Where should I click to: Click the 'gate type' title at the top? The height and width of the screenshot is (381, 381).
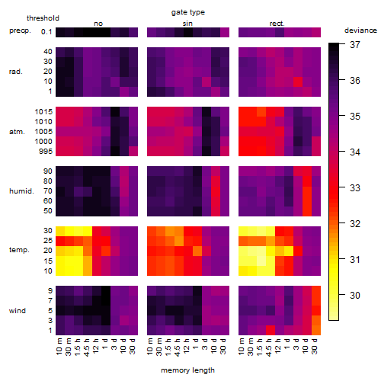[188, 12]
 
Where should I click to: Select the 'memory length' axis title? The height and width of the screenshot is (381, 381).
[187, 370]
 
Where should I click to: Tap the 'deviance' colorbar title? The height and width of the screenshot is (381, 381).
[360, 30]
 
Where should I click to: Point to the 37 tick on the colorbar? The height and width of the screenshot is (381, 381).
[355, 45]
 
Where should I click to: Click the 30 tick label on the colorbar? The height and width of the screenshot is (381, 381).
[355, 295]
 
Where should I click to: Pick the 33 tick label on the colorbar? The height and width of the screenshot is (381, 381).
[355, 188]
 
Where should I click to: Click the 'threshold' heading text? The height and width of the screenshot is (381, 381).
[43, 18]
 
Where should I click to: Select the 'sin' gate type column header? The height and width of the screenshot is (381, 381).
[187, 24]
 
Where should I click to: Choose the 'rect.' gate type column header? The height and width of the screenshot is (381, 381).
[277, 24]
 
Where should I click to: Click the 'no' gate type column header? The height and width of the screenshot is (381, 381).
[98, 24]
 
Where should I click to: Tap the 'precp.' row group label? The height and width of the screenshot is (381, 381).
[20, 30]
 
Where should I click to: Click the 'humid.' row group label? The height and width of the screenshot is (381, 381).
[21, 191]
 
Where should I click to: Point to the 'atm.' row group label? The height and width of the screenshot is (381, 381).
[17, 132]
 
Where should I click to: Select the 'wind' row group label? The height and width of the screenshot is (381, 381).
[18, 311]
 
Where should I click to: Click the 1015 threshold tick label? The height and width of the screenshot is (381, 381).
[43, 112]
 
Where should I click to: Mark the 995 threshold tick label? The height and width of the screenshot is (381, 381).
[46, 152]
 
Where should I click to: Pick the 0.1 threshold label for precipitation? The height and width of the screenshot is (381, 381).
[46, 32]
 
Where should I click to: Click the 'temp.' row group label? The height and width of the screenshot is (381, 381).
[19, 250]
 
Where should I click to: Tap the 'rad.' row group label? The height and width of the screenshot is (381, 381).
[16, 72]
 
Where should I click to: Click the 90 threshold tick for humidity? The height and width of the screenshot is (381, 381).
[48, 171]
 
